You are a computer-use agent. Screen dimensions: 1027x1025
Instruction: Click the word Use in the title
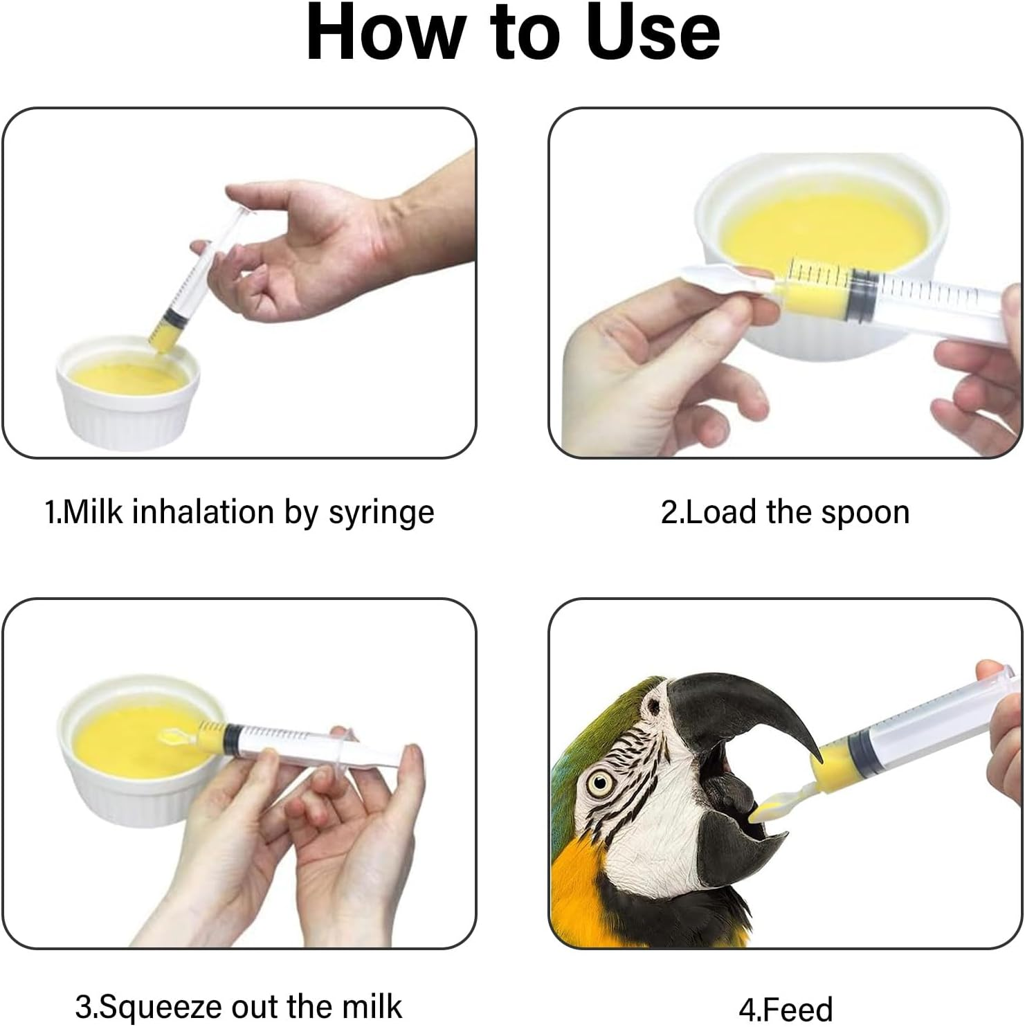point(653,32)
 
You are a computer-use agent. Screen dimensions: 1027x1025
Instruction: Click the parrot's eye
point(600,783)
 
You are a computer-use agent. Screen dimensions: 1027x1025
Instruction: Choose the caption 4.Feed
point(786,1009)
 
